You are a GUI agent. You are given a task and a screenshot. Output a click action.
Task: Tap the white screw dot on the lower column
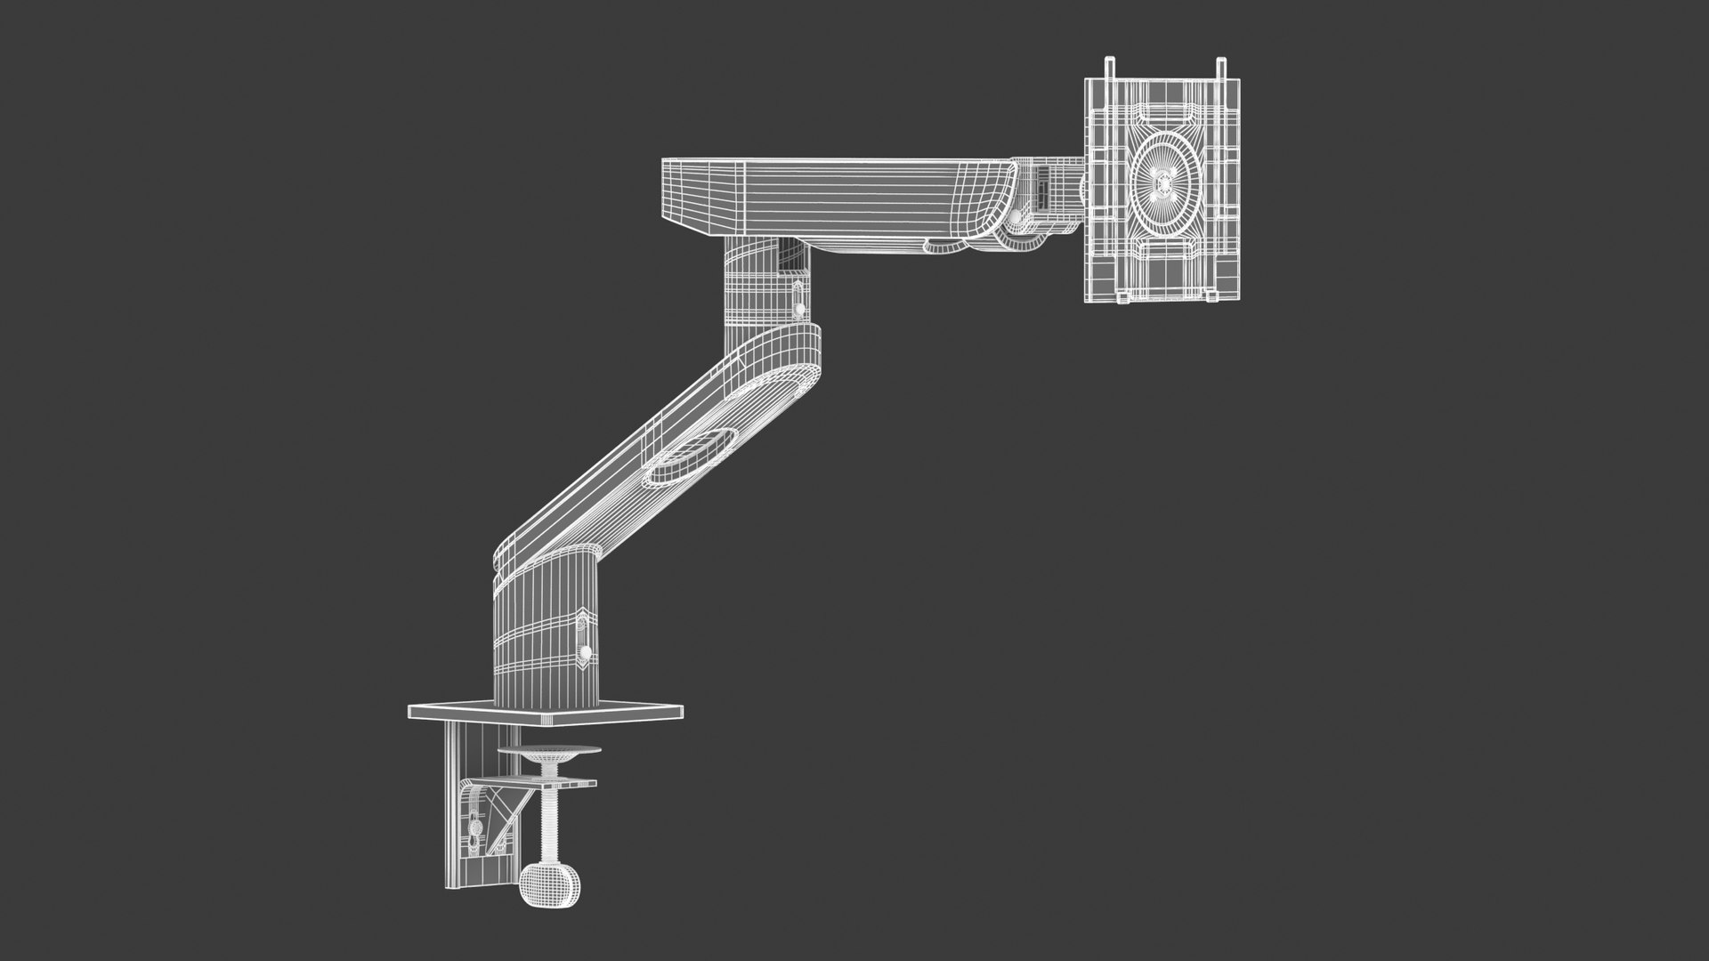point(586,654)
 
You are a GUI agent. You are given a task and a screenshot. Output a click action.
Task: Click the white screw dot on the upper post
point(799,308)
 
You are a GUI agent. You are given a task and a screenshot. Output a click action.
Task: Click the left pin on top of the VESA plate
point(1109,69)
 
